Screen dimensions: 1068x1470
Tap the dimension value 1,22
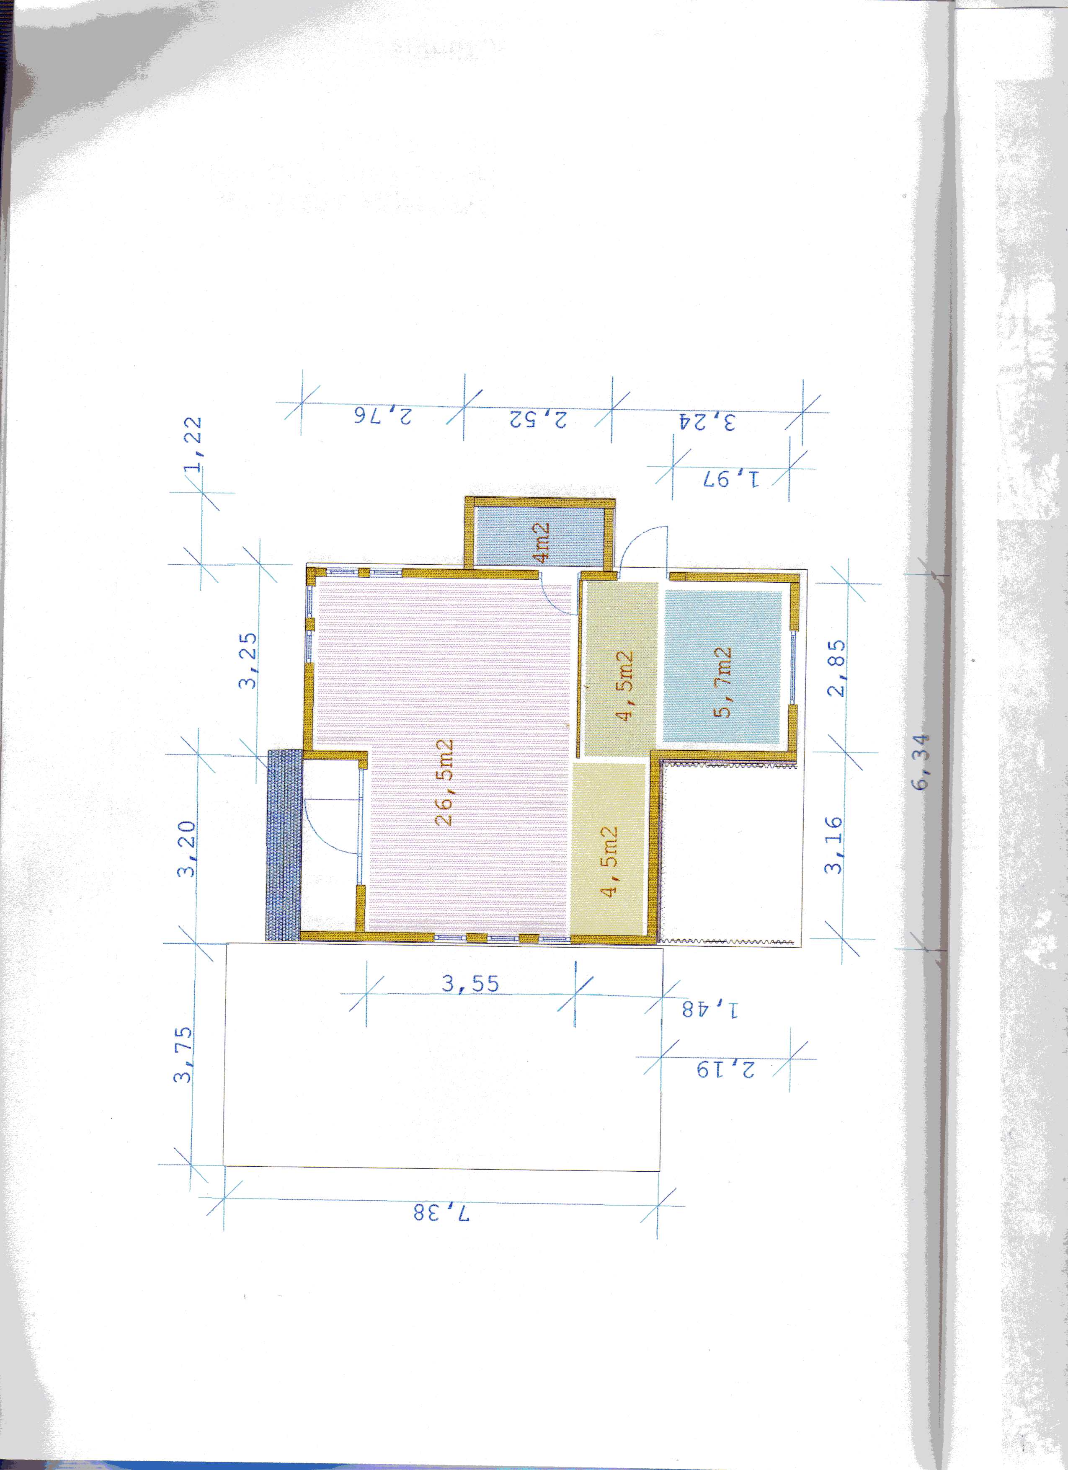(193, 445)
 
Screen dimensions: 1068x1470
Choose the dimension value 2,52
(537, 419)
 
